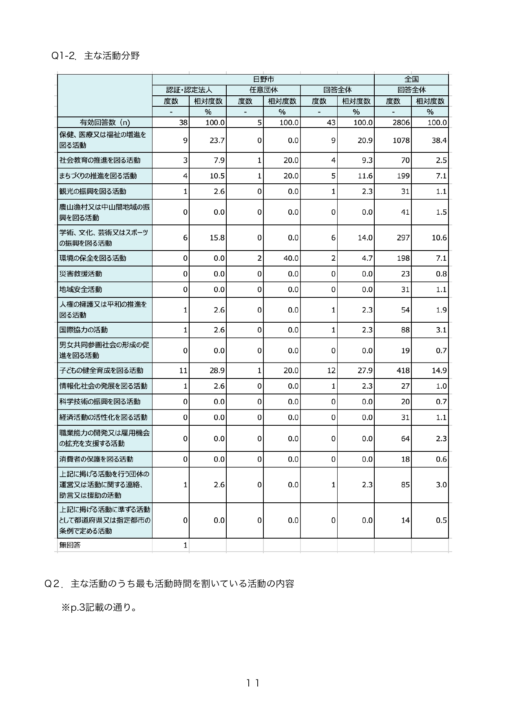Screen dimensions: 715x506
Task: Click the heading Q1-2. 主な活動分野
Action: click(95, 56)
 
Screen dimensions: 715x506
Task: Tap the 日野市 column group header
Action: click(263, 79)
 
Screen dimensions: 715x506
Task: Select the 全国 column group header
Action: click(411, 79)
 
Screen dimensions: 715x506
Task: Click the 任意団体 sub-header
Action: click(263, 90)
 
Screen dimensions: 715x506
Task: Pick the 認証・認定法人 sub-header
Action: click(189, 90)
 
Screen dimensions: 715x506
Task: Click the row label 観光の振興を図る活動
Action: click(93, 191)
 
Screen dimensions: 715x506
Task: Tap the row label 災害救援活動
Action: click(81, 274)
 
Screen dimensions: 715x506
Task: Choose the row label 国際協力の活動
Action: click(84, 330)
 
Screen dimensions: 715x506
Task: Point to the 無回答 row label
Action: click(70, 545)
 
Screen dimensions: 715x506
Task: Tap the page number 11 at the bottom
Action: click(253, 683)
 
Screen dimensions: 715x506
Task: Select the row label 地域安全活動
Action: click(81, 290)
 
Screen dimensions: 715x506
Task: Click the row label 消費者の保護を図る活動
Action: click(96, 459)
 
